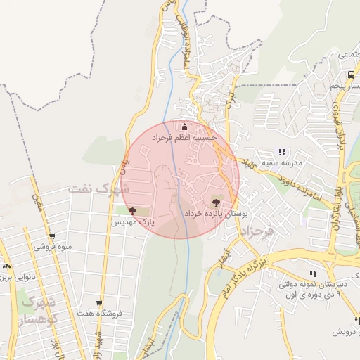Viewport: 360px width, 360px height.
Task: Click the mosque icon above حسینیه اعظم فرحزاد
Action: [x=185, y=127]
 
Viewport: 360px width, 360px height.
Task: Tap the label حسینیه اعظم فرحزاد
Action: [x=185, y=139]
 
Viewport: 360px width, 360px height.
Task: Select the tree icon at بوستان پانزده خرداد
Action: [x=225, y=201]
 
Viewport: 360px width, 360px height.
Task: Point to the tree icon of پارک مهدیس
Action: [x=133, y=210]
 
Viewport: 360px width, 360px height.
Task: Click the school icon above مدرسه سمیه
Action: [x=282, y=152]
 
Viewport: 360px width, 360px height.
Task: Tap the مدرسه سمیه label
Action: [x=282, y=163]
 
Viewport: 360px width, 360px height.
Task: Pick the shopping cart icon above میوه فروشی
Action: [x=51, y=237]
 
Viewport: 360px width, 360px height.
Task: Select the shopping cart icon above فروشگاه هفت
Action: [x=99, y=302]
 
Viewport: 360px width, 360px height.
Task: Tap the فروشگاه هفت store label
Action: [x=99, y=313]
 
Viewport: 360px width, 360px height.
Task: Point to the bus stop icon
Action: [x=350, y=75]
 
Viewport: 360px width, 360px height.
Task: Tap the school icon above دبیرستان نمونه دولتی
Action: [x=312, y=274]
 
